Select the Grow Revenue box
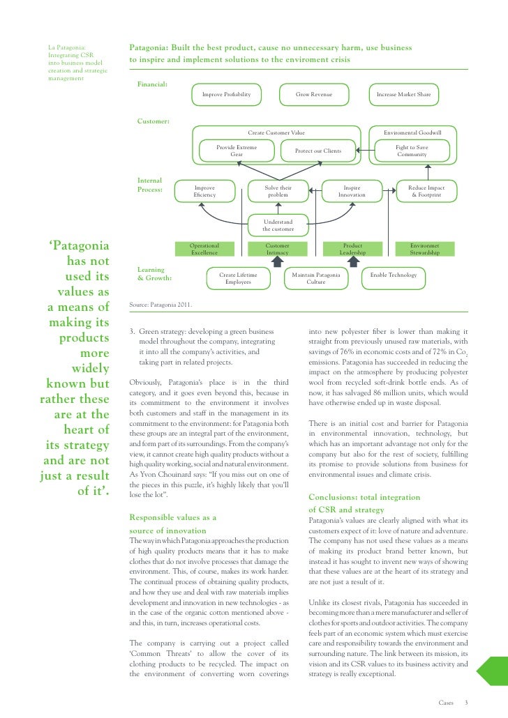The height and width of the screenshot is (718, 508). point(313,93)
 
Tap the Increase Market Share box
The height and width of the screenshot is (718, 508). point(403,93)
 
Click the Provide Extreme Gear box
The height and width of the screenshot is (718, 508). point(237,151)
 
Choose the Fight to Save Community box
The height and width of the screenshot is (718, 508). point(412,151)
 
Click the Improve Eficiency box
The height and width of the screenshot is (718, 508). point(204,192)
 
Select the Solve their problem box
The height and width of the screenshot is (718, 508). point(278,192)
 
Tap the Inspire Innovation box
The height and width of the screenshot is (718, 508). point(351,192)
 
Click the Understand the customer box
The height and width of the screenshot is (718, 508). point(278,225)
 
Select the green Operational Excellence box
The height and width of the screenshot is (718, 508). point(204,249)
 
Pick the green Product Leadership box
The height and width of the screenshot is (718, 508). point(352,249)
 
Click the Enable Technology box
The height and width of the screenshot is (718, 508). point(394,275)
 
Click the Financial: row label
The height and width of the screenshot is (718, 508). point(152,84)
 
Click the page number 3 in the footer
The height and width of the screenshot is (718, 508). point(466,702)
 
